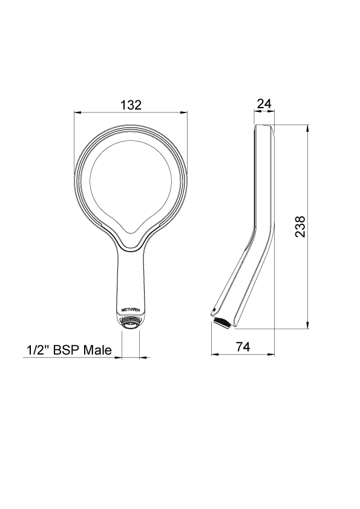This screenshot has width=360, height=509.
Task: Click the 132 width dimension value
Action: [x=130, y=105]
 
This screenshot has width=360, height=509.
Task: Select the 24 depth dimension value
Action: [x=263, y=104]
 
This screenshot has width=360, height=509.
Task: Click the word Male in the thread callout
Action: [x=97, y=350]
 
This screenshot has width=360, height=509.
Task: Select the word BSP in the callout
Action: [x=66, y=350]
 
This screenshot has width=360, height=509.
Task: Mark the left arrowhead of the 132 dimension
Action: [x=76, y=112]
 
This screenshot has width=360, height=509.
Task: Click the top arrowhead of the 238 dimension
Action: [x=309, y=128]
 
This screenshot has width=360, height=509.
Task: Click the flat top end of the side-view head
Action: [x=264, y=126]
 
